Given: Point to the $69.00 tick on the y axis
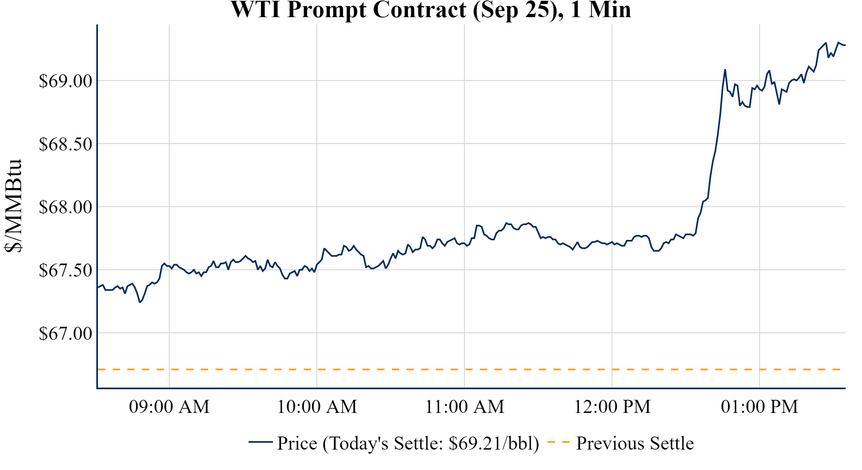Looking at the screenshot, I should [x=65, y=81].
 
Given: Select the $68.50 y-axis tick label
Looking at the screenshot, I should [x=65, y=144].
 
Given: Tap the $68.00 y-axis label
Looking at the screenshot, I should [x=65, y=207].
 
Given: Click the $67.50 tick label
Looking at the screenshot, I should [x=65, y=270].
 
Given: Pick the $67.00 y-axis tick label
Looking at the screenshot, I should [x=65, y=333].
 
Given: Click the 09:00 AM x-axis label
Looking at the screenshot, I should [x=169, y=407].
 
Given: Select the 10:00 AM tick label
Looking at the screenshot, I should [x=317, y=407].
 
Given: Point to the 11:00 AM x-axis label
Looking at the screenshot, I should [x=464, y=407].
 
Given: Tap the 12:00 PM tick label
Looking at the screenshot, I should [x=612, y=407].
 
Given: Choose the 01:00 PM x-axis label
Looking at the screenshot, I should [x=760, y=407].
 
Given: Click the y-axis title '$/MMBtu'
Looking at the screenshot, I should [x=13, y=206].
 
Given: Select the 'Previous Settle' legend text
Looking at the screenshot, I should [x=635, y=443].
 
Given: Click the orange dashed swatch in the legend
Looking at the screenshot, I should [x=558, y=442].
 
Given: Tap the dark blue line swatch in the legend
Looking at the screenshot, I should [x=260, y=442].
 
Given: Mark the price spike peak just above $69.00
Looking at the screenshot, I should [x=725, y=70].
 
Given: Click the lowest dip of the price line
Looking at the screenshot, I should [x=140, y=302].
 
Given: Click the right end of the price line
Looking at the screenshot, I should [x=844, y=45].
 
